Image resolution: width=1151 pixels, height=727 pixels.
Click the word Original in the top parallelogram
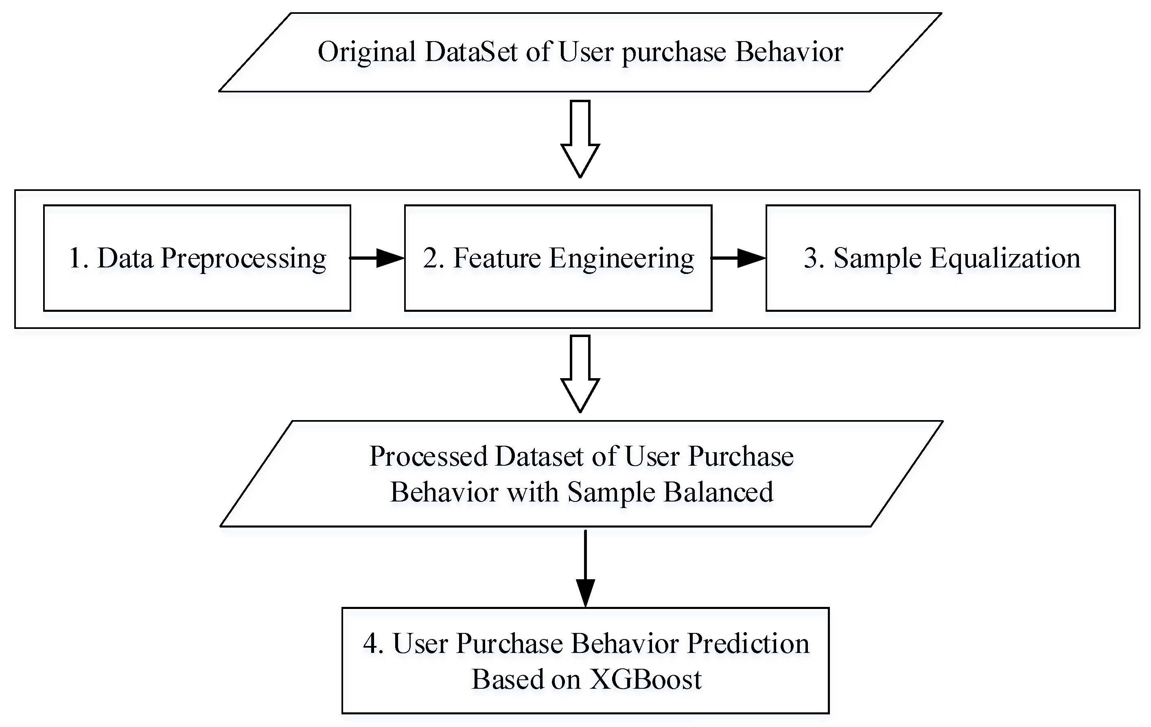pos(367,53)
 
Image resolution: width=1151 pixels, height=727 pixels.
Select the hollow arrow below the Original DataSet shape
pos(580,139)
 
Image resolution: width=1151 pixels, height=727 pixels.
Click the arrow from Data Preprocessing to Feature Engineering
pos(378,258)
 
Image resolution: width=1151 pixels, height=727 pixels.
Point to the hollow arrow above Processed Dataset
pos(580,373)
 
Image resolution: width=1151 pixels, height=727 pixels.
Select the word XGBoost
pos(645,679)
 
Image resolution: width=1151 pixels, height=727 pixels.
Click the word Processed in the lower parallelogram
pos(428,456)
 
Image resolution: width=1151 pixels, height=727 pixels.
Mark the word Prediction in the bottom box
pos(748,644)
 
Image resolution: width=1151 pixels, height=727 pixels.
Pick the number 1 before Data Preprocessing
pos(76,258)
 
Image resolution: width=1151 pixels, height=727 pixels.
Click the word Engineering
pos(621,259)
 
